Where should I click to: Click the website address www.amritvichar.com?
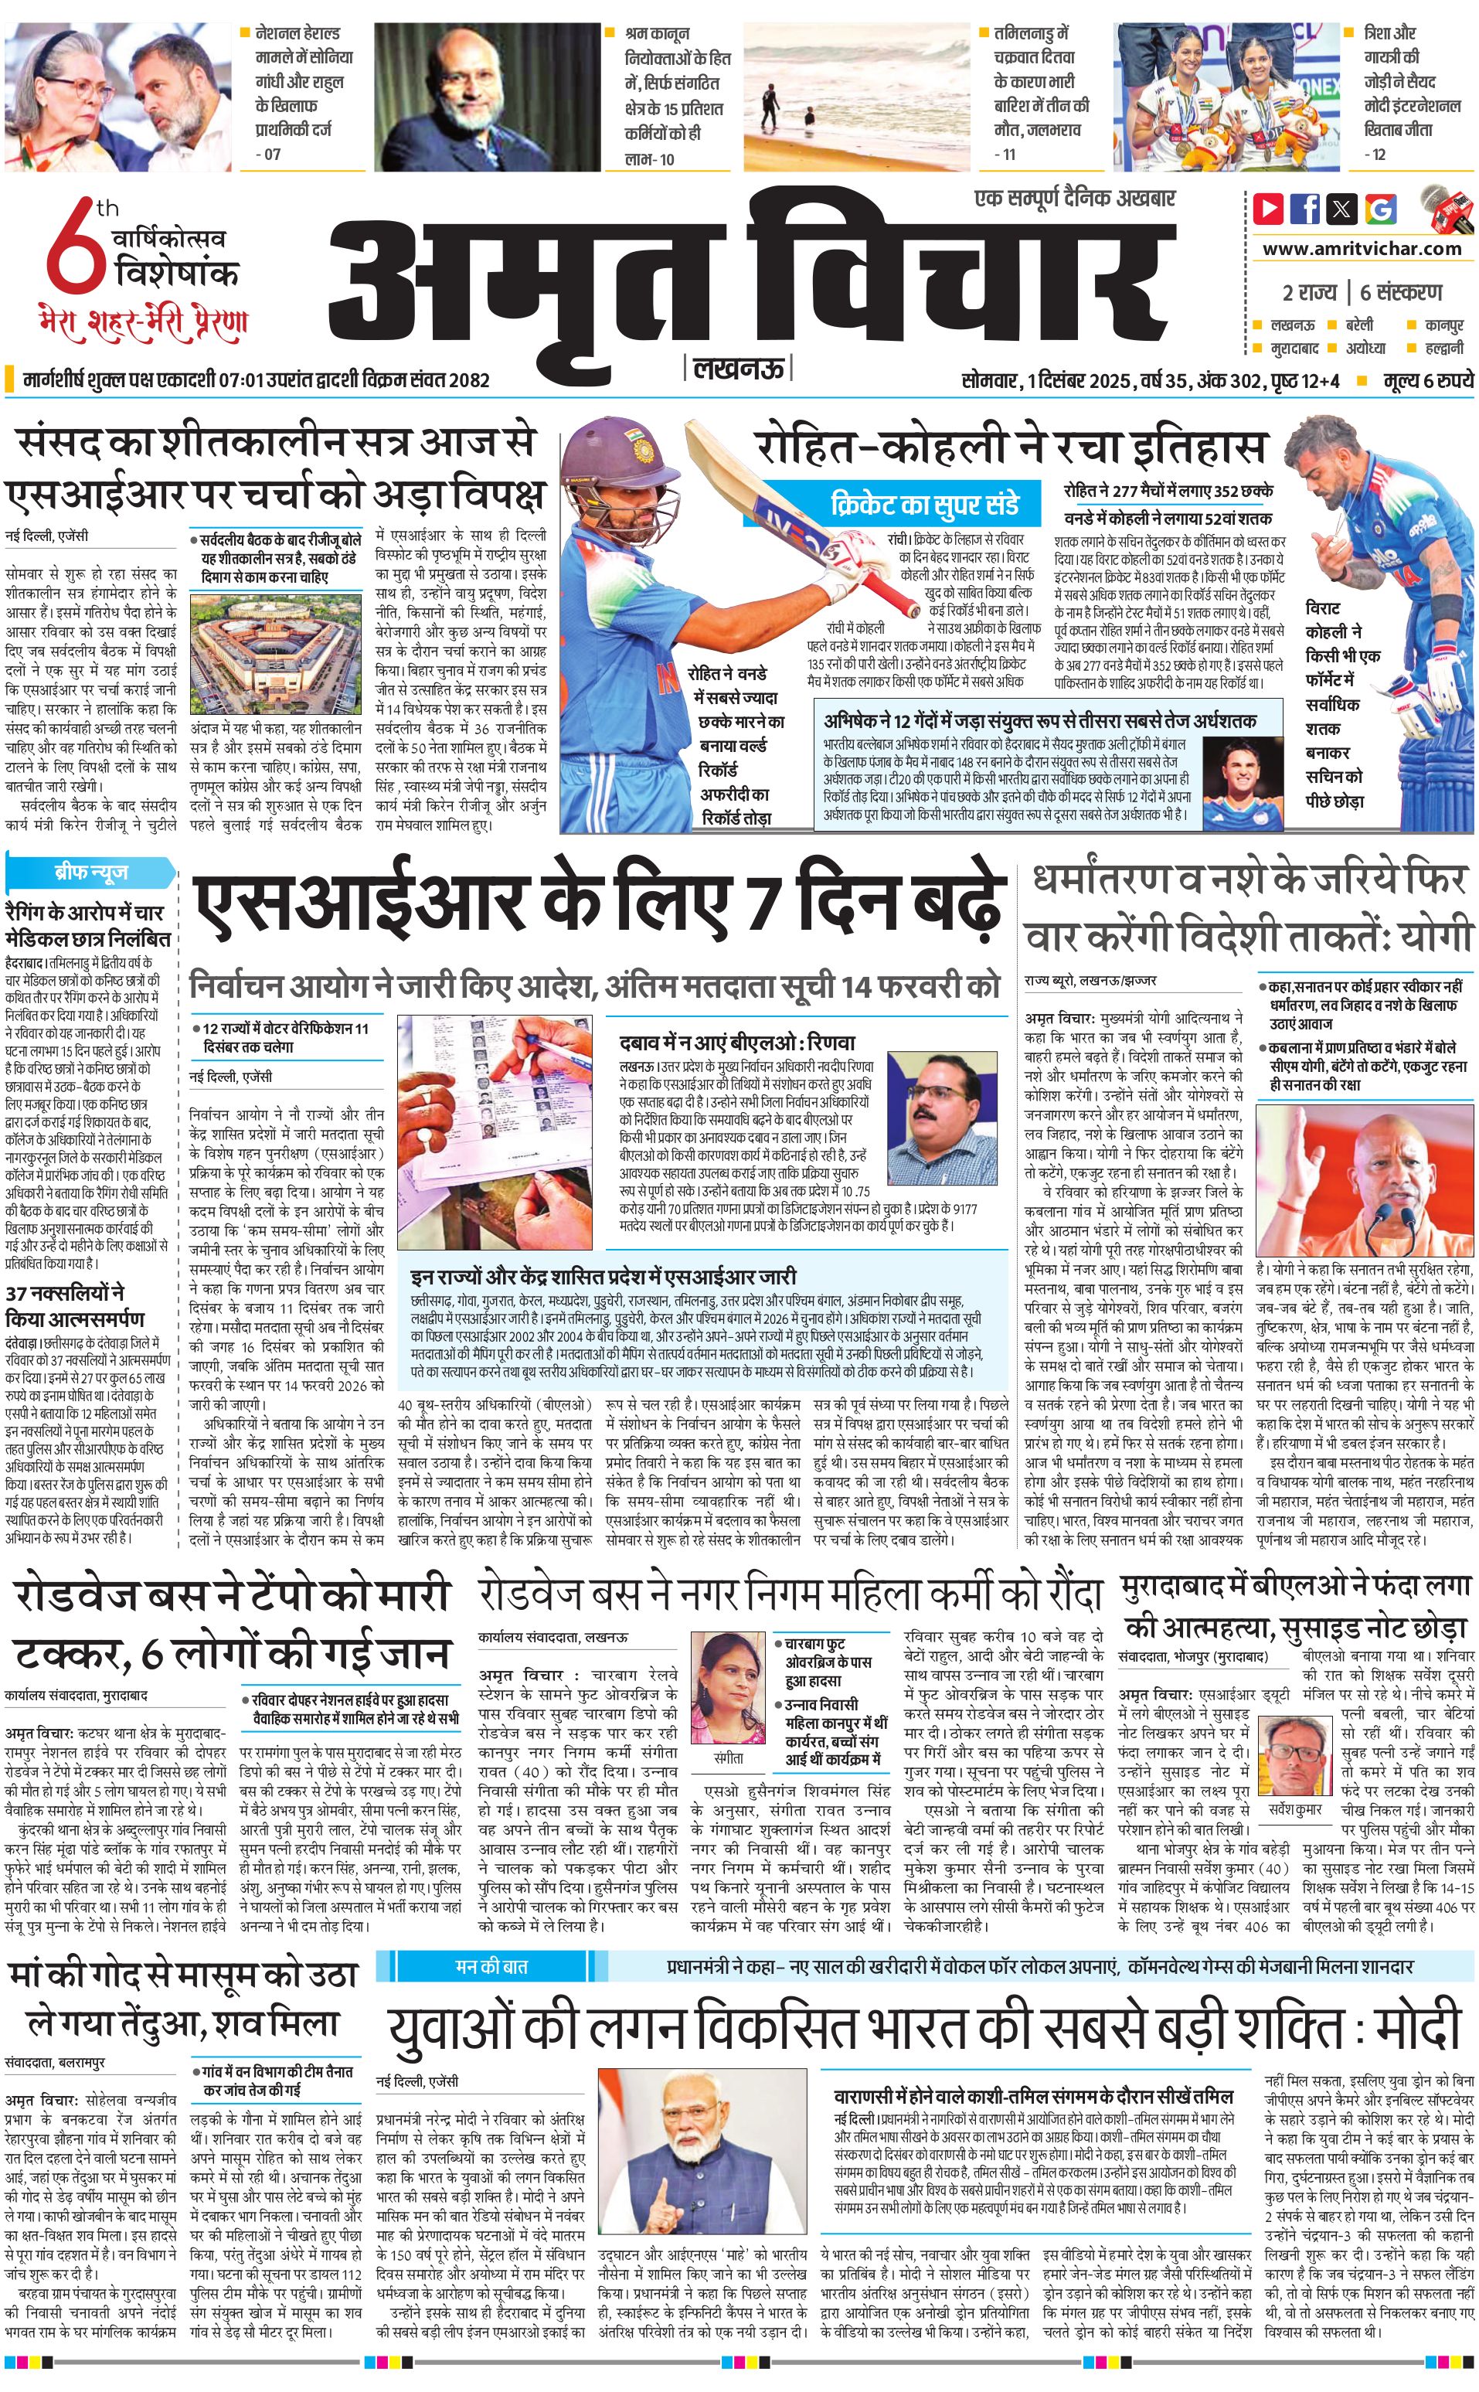click(x=1362, y=249)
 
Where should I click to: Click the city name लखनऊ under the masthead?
click(x=739, y=369)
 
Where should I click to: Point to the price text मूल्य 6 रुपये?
click(x=1427, y=380)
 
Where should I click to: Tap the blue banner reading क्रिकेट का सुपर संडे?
click(x=924, y=504)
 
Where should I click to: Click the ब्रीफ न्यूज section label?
click(x=91, y=872)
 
